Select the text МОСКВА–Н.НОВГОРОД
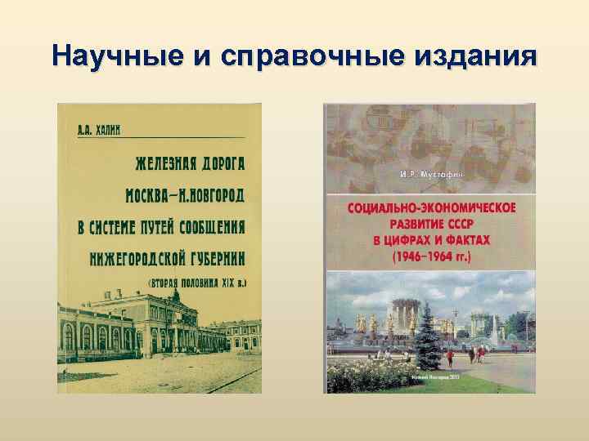(x=184, y=196)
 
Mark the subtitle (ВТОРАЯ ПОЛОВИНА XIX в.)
(x=196, y=283)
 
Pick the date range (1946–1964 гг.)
(x=431, y=256)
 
